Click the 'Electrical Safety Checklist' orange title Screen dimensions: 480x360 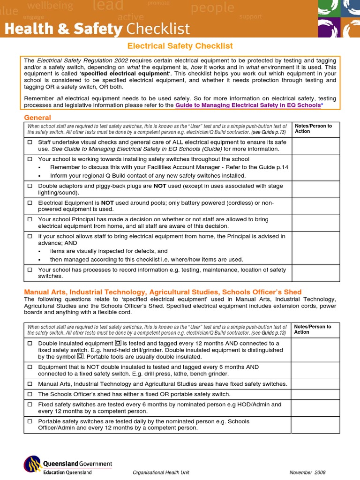coord(180,46)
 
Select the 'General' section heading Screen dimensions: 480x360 coord(37,117)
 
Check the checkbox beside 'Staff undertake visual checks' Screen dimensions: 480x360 coord(30,142)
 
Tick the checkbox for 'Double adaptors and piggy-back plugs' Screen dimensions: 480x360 coord(30,186)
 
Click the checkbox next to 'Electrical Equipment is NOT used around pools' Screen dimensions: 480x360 coord(30,203)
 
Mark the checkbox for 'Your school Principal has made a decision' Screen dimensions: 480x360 coord(30,219)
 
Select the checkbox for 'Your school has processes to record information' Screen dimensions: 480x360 coord(30,270)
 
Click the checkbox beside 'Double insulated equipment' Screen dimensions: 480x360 coord(30,343)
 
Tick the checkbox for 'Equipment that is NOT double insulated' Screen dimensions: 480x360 coord(30,367)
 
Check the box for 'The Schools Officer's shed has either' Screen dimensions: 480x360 coord(30,394)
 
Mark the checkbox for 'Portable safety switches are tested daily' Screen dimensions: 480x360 coord(30,421)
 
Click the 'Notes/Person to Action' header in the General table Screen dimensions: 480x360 coord(313,128)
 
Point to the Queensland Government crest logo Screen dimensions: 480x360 coord(32,465)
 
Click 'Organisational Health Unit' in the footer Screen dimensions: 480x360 coord(161,472)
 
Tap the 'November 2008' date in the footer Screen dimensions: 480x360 coord(307,472)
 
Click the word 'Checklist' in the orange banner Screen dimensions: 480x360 coord(157,29)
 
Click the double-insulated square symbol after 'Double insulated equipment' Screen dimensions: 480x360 coord(118,343)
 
